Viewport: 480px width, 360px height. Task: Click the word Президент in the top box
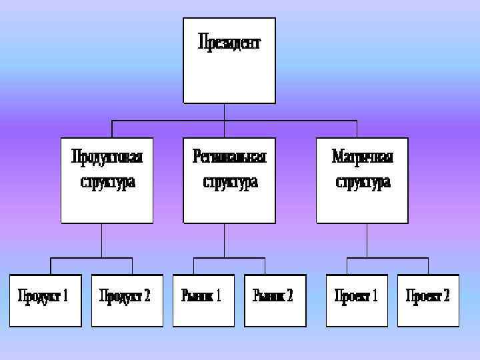[229, 43]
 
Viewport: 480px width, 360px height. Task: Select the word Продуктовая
[107, 157]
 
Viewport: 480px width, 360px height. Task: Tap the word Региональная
[229, 157]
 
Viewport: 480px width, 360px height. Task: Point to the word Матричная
[363, 157]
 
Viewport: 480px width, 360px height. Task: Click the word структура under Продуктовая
[107, 181]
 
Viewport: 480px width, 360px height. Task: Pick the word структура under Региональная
[230, 181]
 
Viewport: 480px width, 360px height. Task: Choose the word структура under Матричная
[363, 181]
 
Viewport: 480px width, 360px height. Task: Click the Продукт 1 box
[45, 300]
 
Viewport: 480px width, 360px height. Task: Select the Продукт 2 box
[127, 300]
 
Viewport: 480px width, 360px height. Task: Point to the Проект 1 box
[356, 300]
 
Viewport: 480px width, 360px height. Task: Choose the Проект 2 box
[428, 300]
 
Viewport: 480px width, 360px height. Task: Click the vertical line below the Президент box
[225, 112]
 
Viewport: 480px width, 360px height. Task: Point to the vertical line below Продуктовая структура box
[101, 240]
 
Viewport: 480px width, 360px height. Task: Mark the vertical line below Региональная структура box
[225, 240]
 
